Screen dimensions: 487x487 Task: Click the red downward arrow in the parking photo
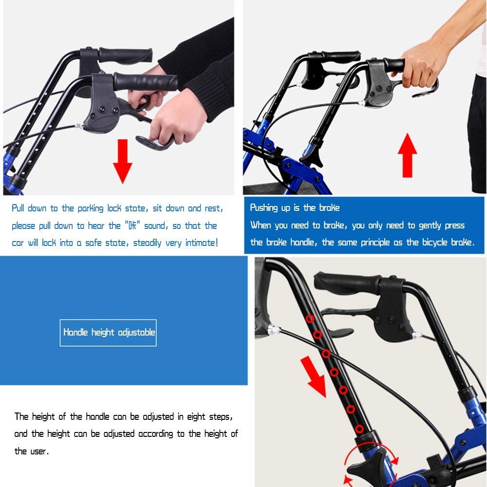click(122, 161)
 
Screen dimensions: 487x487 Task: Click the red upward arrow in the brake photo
click(407, 155)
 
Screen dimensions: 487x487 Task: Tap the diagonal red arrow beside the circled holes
click(314, 376)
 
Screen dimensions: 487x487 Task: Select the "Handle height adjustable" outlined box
click(108, 333)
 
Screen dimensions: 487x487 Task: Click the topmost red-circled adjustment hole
click(310, 318)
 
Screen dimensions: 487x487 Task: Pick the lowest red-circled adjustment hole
click(359, 429)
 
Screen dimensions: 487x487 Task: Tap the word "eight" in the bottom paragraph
click(196, 417)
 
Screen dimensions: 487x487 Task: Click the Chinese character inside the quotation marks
click(132, 225)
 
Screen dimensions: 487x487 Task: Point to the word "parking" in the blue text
click(91, 208)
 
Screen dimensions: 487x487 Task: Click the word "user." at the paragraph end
click(40, 451)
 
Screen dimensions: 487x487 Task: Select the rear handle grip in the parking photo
click(126, 56)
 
